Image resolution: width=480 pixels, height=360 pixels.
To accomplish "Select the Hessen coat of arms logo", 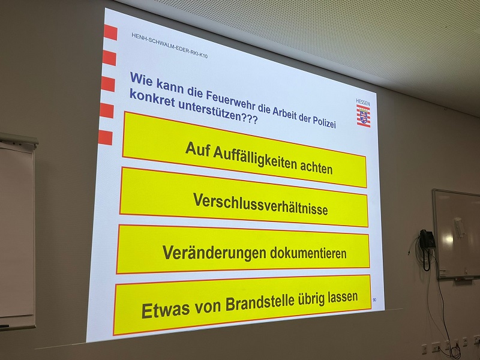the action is coord(364,115).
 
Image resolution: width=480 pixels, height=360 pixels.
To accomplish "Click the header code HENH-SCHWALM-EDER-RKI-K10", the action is coord(169,46).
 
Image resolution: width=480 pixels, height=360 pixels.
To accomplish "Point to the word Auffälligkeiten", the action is coord(254,157).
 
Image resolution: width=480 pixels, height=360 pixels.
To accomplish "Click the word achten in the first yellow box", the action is coord(316,167).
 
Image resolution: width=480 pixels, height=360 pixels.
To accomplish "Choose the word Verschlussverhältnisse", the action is coord(260,204).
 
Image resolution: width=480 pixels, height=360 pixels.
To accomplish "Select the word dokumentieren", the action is coord(308,253).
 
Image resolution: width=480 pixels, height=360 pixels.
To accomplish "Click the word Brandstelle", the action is coord(260,303).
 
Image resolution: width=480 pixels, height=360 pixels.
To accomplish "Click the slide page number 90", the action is coord(374,299).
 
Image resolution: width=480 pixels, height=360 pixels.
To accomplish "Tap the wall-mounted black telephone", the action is coord(427,245).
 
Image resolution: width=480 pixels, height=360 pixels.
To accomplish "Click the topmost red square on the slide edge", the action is coord(110,32).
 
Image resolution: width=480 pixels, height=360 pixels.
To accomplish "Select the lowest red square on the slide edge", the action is coord(106,137).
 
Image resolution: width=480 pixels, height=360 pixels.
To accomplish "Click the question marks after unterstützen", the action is coord(249,118).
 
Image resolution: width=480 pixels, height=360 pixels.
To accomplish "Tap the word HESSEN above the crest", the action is coord(363,102).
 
